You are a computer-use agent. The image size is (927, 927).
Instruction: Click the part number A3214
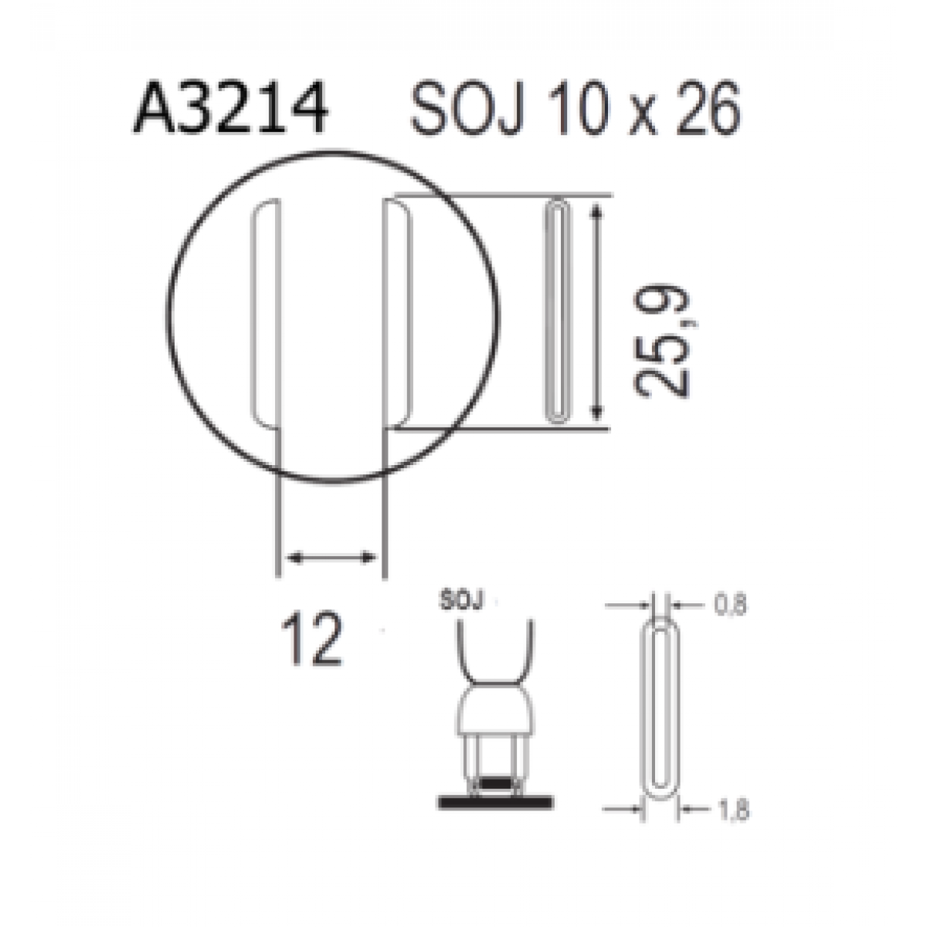(230, 107)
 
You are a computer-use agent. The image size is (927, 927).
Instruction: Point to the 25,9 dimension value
(661, 342)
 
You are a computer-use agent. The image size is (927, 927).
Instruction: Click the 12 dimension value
(312, 638)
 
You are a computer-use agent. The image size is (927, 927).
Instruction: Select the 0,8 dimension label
(730, 605)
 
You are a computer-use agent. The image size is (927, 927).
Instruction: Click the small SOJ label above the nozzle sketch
(461, 600)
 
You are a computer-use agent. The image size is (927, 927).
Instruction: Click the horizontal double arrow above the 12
(331, 558)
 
